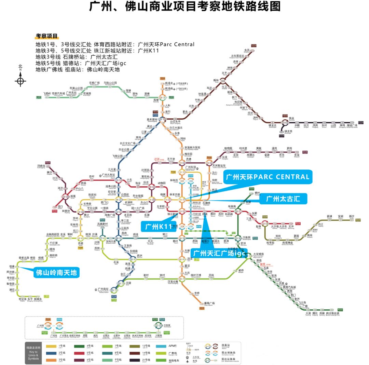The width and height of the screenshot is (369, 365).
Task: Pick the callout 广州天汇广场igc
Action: (219, 253)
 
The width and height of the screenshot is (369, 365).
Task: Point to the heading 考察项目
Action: (47, 36)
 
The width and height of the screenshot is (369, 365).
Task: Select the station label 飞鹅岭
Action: (47, 93)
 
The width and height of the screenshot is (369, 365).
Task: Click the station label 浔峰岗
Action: (41, 166)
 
